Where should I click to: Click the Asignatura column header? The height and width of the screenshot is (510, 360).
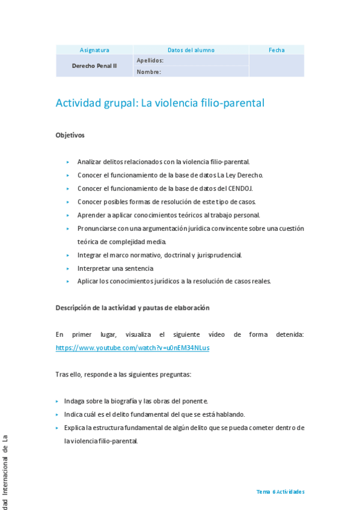(x=94, y=50)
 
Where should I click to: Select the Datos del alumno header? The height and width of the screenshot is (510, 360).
(x=191, y=50)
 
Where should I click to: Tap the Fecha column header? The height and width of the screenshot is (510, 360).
(x=276, y=50)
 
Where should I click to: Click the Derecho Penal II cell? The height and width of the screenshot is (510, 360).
(x=94, y=66)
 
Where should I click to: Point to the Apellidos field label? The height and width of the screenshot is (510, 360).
(x=150, y=60)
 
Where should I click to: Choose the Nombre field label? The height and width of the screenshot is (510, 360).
(x=148, y=72)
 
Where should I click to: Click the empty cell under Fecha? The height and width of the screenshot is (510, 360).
(x=276, y=66)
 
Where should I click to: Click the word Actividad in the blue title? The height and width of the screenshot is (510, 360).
(x=79, y=103)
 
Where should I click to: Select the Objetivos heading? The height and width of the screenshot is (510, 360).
(x=70, y=135)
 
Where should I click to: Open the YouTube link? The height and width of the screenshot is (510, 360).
(x=132, y=348)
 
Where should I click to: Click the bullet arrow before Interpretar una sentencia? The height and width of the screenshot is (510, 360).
(x=69, y=268)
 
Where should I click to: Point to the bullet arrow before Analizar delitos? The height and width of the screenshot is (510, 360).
(x=69, y=162)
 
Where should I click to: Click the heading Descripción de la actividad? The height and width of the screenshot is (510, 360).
(x=132, y=307)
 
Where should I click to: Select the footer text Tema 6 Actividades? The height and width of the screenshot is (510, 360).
(x=280, y=491)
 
